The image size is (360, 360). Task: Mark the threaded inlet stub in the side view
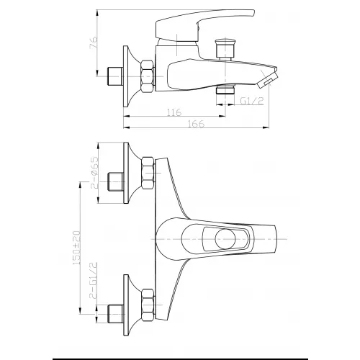114,74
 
